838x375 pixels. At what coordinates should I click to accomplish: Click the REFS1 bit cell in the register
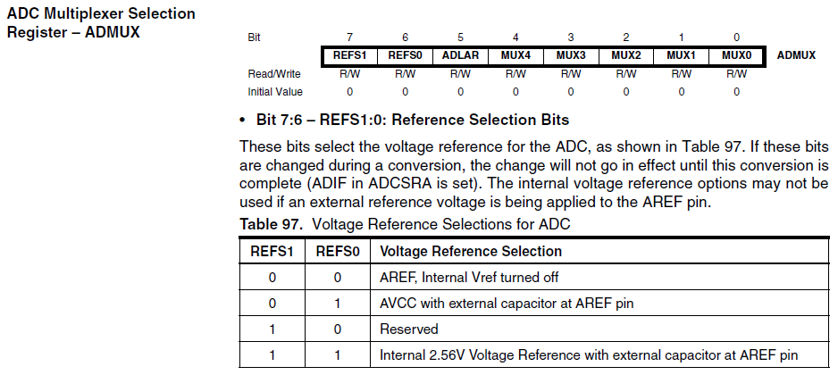tap(349, 55)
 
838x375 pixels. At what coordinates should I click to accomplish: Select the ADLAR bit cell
tap(460, 55)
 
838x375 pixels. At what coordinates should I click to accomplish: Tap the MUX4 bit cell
tap(515, 55)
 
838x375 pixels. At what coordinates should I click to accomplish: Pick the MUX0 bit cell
tap(736, 55)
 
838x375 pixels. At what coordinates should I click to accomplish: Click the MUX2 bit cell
tap(626, 55)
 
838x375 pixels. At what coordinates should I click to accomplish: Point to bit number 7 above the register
tap(349, 37)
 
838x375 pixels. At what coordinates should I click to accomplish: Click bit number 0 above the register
tap(736, 37)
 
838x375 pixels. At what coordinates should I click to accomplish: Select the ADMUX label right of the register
tap(796, 55)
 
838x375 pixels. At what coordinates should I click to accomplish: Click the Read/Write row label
tap(274, 74)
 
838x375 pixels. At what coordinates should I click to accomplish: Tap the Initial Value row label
tap(275, 92)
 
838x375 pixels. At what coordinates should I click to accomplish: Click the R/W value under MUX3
tap(571, 74)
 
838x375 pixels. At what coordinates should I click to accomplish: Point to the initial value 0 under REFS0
tap(405, 92)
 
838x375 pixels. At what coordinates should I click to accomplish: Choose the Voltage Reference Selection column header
tap(471, 251)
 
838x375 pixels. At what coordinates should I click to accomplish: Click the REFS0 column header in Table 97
tap(338, 251)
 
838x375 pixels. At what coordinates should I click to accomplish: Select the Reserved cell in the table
tap(409, 329)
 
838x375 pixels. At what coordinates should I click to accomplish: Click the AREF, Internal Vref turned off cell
tap(469, 278)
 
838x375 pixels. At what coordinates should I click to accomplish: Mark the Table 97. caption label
tap(272, 224)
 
